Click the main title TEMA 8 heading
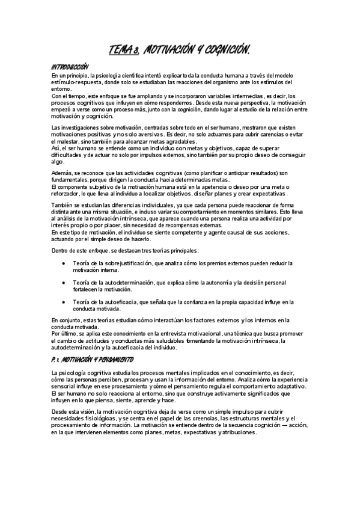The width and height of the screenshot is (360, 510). click(x=179, y=51)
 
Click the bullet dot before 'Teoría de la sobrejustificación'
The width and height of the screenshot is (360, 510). click(x=64, y=263)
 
